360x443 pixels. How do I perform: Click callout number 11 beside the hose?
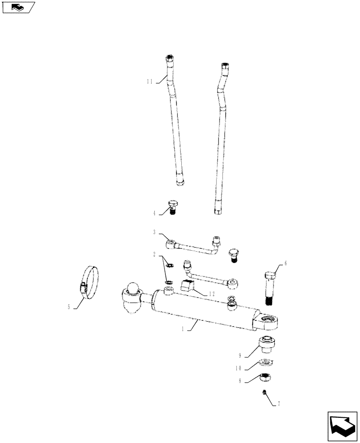pos(149,82)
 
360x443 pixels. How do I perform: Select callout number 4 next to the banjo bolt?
pos(155,213)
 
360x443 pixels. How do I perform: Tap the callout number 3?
pos(154,232)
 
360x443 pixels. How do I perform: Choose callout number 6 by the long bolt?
pos(286,263)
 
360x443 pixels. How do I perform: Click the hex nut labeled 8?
pos(266,377)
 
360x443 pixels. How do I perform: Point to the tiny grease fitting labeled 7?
pos(264,392)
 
